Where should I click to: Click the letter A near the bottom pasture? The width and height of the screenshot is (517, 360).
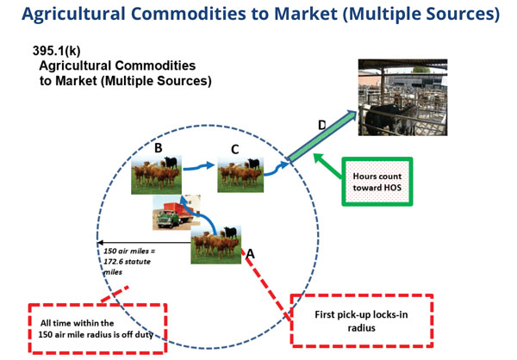[x=251, y=255]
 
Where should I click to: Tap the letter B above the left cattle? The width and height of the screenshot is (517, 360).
[x=158, y=148]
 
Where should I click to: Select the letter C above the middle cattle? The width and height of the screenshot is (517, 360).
[x=234, y=149]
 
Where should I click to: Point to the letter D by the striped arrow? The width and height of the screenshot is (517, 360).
[x=321, y=126]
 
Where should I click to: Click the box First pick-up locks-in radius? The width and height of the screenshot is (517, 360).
[x=361, y=320]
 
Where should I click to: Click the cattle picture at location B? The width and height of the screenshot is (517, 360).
[x=155, y=175]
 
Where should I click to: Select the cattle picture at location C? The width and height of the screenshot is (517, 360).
[x=240, y=175]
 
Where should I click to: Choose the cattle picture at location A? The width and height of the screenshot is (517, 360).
[x=215, y=244]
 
